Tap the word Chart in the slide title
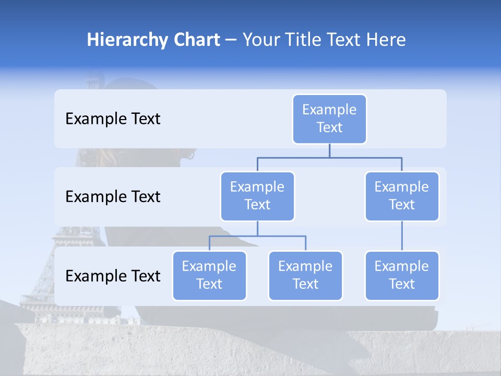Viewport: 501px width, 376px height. pyautogui.click(x=194, y=40)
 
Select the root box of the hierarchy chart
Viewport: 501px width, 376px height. pyautogui.click(x=329, y=119)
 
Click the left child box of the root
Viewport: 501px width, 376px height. pyautogui.click(x=257, y=196)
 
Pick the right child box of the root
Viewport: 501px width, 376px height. pyautogui.click(x=402, y=196)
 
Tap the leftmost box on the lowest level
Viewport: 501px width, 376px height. pyautogui.click(x=209, y=276)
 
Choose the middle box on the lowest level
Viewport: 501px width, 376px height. pyautogui.click(x=305, y=276)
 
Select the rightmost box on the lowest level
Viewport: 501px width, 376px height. pyautogui.click(x=402, y=276)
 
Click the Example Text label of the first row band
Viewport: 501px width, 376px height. pyautogui.click(x=113, y=119)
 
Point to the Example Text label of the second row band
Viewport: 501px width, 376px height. pyautogui.click(x=113, y=197)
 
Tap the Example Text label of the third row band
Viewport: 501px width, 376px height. pyautogui.click(x=113, y=276)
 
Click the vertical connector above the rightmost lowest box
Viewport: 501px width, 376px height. pyautogui.click(x=402, y=236)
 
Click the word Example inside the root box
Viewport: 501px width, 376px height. pyautogui.click(x=329, y=110)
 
